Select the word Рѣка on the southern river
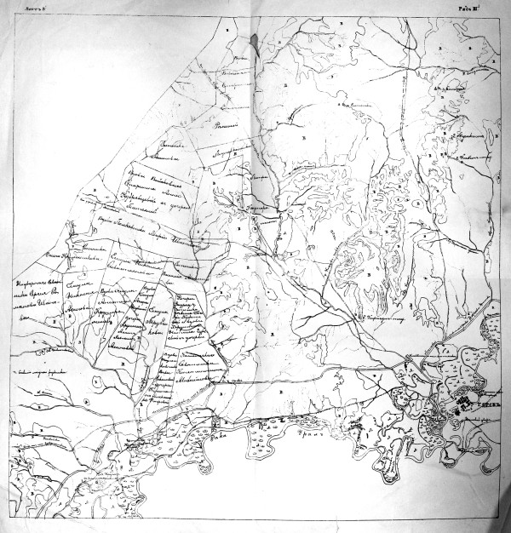(226, 430)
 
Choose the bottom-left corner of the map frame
(10, 525)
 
